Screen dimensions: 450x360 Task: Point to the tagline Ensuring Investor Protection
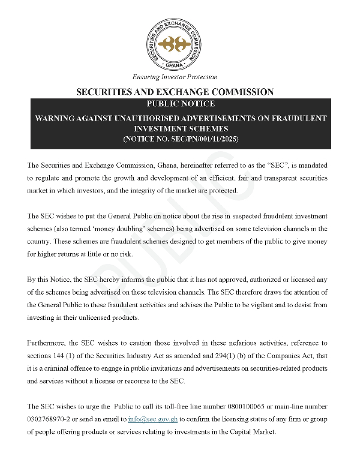pos(175,77)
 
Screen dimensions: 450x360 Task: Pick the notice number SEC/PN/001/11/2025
pos(192,139)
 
